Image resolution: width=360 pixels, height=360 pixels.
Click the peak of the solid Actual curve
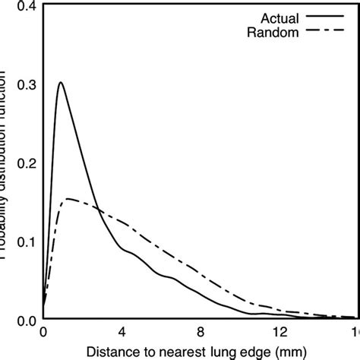(x=60, y=82)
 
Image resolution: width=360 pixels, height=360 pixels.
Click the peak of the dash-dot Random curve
(x=68, y=199)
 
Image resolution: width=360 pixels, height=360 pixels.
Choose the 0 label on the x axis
(x=43, y=332)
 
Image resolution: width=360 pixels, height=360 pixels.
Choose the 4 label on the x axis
(x=122, y=332)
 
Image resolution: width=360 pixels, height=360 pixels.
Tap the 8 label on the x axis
(x=200, y=332)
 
